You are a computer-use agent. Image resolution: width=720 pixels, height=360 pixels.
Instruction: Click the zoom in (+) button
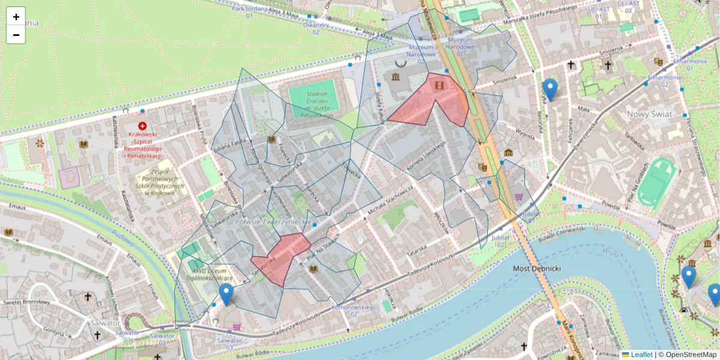(x=16, y=16)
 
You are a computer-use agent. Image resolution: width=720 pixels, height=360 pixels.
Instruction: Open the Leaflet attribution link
(x=641, y=355)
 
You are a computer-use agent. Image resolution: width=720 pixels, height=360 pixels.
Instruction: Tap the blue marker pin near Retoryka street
(x=550, y=89)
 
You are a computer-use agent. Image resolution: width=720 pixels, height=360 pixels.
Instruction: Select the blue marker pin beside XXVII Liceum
(x=226, y=294)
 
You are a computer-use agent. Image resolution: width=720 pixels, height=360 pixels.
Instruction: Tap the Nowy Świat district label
(x=649, y=114)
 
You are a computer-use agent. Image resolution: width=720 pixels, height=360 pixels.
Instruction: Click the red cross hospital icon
(x=142, y=126)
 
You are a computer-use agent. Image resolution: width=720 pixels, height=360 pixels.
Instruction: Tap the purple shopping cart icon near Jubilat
(x=519, y=196)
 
